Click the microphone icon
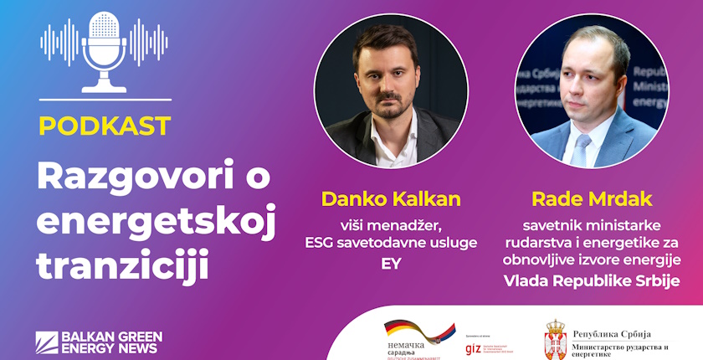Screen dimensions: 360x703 coord(105,50)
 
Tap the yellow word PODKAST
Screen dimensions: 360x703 coord(105,126)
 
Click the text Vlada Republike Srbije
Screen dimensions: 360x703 coord(592,280)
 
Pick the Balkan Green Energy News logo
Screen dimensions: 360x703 coord(99,341)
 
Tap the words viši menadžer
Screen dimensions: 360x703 coord(391,224)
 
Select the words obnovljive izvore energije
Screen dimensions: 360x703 coord(592,260)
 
